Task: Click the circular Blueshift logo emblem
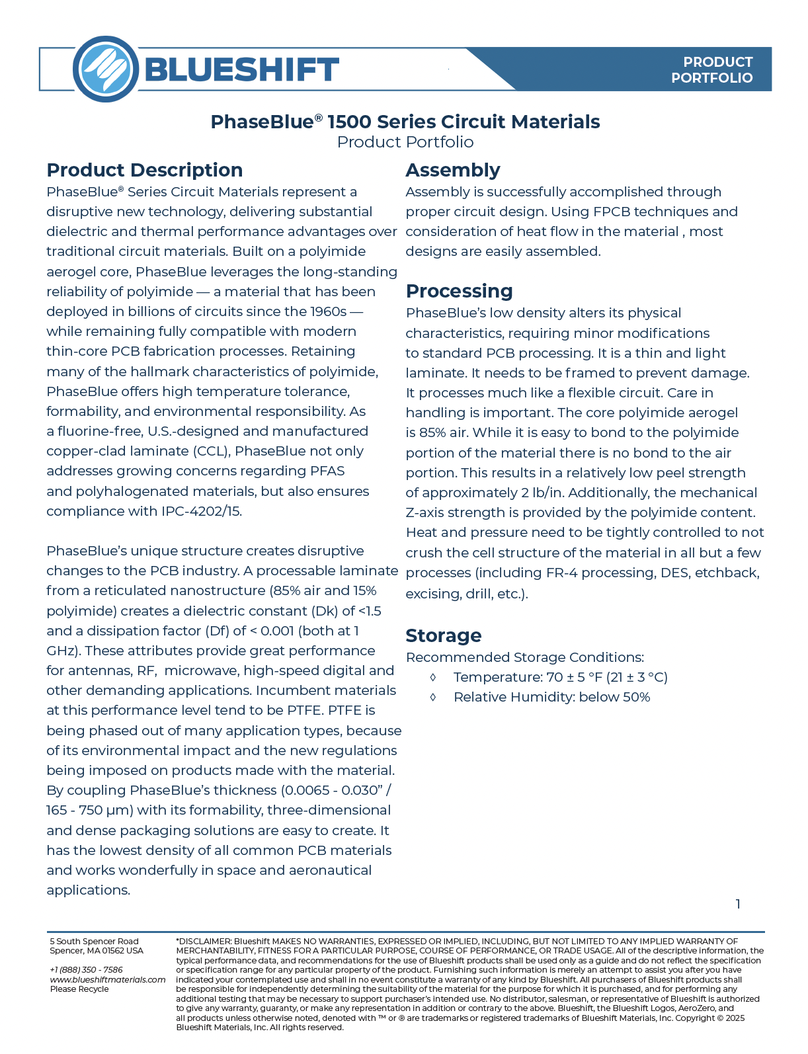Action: click(x=106, y=69)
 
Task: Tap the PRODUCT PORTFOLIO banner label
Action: click(x=711, y=70)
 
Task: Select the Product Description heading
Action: click(x=144, y=170)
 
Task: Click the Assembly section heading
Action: click(x=452, y=170)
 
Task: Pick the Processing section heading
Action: click(x=459, y=291)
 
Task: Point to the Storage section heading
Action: click(x=443, y=635)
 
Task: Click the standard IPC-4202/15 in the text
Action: click(x=201, y=511)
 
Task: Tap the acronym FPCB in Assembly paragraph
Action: click(x=614, y=212)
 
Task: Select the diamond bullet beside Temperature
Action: click(x=433, y=677)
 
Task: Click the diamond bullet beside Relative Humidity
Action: click(x=433, y=697)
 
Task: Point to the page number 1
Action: click(x=738, y=904)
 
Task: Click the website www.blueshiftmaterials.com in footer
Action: click(x=108, y=979)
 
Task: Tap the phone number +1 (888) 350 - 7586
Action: click(x=87, y=970)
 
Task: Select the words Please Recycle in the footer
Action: click(x=79, y=989)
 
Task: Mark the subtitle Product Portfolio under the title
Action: click(x=405, y=142)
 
